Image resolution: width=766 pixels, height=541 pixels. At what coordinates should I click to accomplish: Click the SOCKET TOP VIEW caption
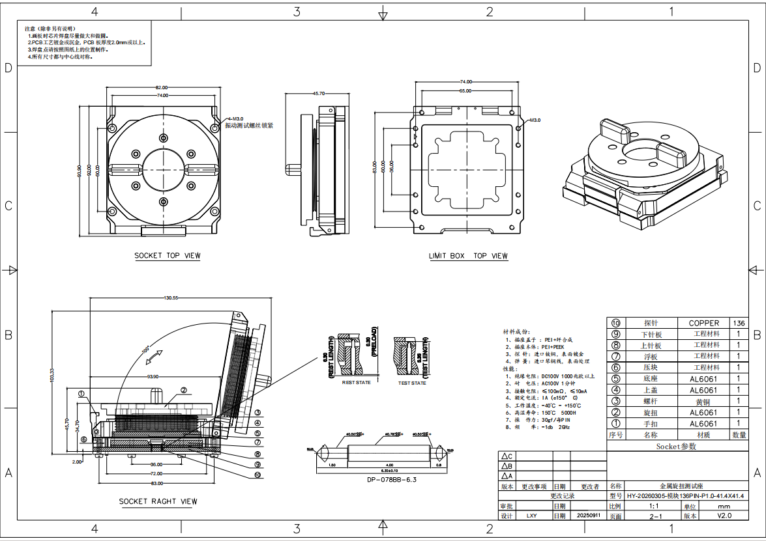[168, 256]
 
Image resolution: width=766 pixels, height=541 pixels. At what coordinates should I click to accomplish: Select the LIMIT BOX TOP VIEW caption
[468, 256]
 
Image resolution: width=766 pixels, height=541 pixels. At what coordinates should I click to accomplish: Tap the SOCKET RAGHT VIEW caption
[158, 501]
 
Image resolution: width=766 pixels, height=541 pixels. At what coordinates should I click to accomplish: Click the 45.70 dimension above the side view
[319, 94]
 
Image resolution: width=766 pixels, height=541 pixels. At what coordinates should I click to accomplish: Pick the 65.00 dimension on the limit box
[464, 90]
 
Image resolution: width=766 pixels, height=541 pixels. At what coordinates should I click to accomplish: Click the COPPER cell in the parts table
[703, 323]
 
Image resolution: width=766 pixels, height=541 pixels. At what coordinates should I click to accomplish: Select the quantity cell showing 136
[739, 323]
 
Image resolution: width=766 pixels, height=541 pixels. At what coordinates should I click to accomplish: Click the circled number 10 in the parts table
[615, 323]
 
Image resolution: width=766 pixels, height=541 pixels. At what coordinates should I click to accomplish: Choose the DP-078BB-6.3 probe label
[377, 480]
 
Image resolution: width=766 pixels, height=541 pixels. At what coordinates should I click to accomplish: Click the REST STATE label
[356, 382]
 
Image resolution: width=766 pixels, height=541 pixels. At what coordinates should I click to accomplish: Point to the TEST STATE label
[412, 383]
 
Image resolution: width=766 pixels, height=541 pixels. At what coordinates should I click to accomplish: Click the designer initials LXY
[531, 515]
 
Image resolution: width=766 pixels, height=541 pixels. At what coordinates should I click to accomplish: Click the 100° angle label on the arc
[145, 350]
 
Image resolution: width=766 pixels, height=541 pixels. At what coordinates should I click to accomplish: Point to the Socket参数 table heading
[676, 447]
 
